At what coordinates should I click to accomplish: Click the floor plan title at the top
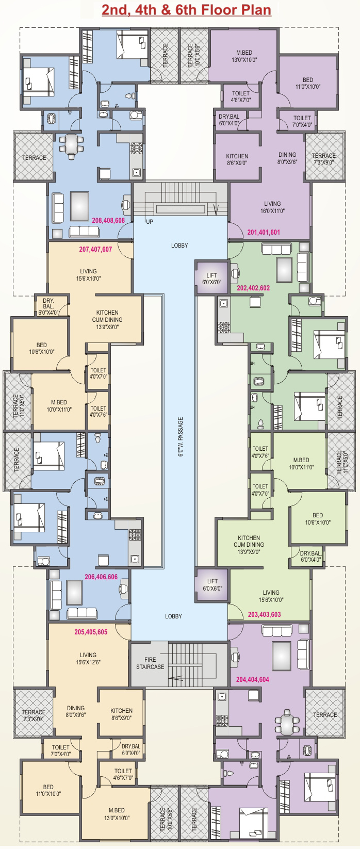click(186, 9)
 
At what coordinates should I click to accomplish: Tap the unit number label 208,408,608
click(108, 220)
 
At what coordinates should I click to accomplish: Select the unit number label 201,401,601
click(264, 232)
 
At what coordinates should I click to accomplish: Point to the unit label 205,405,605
click(91, 632)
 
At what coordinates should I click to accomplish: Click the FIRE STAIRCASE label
click(150, 663)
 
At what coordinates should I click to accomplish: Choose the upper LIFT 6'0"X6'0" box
click(212, 279)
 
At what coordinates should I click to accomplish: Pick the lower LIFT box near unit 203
click(212, 584)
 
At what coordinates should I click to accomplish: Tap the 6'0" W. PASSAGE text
click(181, 437)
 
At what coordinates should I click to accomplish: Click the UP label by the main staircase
click(150, 221)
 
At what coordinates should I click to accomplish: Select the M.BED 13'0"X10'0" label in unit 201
click(244, 56)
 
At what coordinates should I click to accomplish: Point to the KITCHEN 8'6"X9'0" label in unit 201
click(237, 159)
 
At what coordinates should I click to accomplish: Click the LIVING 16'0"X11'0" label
click(272, 207)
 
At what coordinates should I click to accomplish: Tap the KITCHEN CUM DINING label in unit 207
click(107, 319)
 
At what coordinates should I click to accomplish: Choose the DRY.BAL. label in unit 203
click(310, 556)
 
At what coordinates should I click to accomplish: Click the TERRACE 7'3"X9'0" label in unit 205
click(34, 715)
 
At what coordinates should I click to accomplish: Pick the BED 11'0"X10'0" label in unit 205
click(48, 790)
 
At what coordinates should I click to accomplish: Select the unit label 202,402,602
click(254, 288)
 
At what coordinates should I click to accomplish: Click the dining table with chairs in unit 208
click(71, 144)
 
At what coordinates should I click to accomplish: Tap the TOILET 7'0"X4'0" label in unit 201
click(302, 121)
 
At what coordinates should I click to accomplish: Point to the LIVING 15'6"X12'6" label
click(88, 658)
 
